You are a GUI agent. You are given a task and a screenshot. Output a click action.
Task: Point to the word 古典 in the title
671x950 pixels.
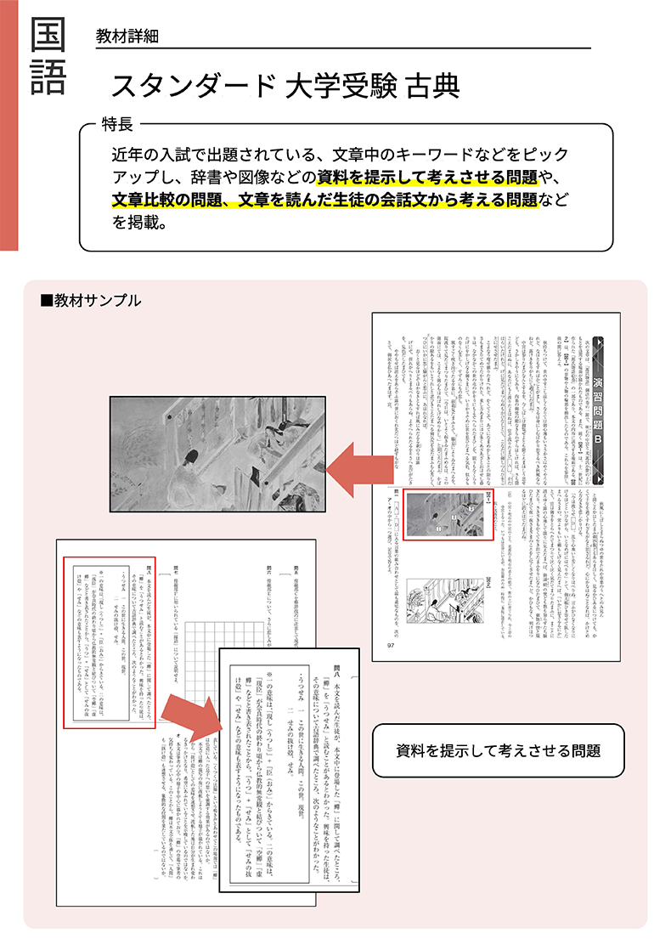431,85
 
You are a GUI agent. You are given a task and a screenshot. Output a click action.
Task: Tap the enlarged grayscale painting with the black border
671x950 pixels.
217,443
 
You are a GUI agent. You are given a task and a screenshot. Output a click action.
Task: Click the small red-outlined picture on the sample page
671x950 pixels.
448,515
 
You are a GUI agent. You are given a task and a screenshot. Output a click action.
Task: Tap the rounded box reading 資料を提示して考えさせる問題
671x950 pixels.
498,750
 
